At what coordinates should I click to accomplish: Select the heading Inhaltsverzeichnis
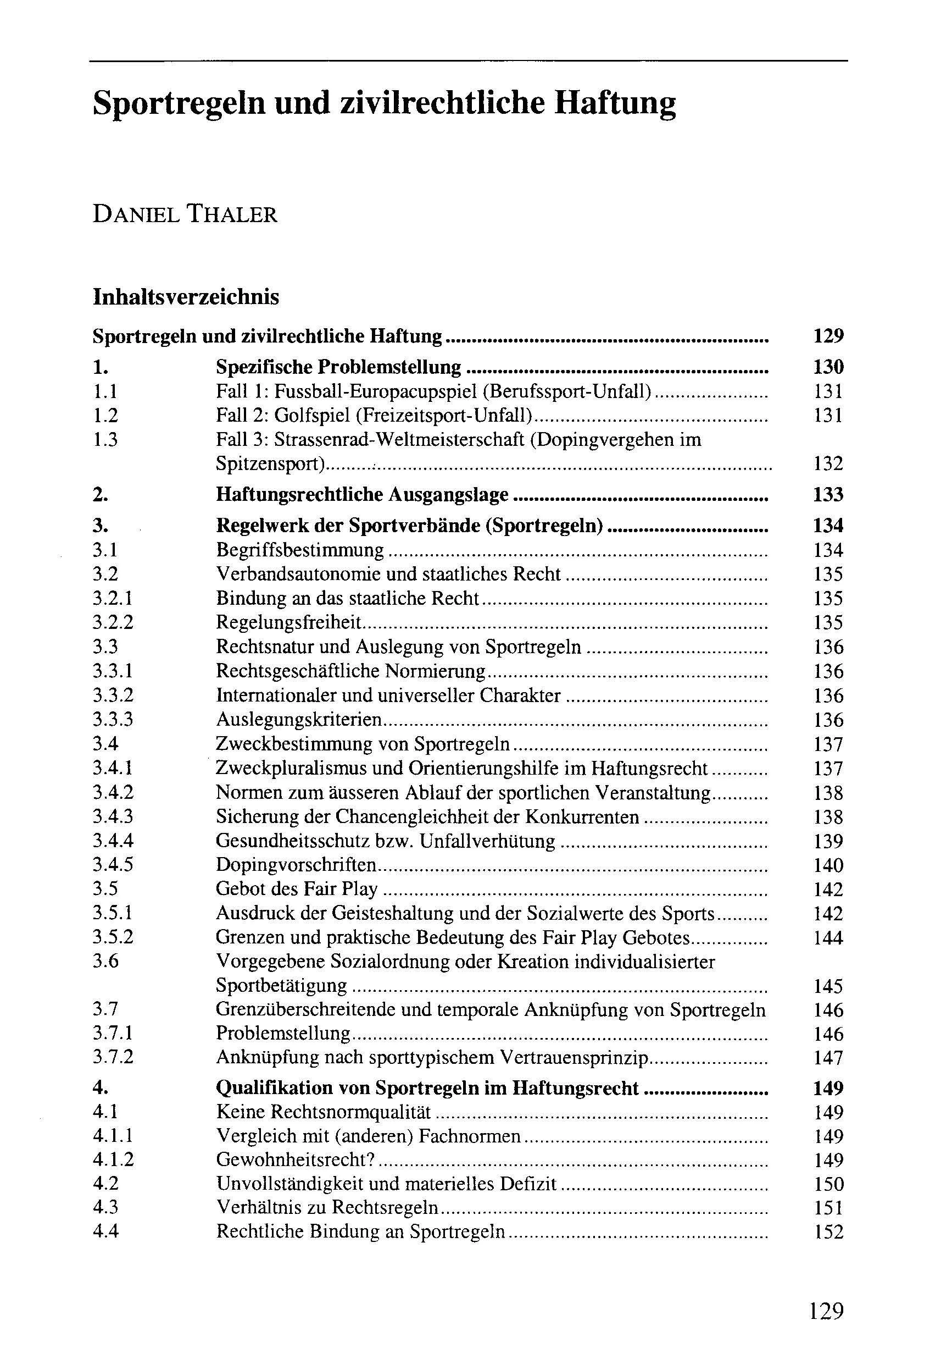point(186,297)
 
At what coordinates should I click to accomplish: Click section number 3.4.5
point(113,865)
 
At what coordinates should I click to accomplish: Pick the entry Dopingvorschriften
point(296,865)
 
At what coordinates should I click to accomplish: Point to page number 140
point(828,865)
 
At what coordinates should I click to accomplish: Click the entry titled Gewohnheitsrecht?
point(296,1160)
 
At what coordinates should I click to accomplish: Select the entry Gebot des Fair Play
point(297,889)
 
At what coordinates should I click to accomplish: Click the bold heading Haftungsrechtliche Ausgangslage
point(362,494)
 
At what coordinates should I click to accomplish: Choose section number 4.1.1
point(113,1136)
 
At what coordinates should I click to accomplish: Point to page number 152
point(828,1232)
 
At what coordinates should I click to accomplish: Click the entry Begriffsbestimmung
point(299,550)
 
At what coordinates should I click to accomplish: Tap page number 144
point(828,937)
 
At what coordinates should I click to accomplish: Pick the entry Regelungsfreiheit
point(289,623)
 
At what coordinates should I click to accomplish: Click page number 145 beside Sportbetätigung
point(828,986)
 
